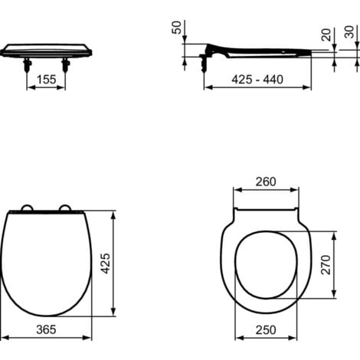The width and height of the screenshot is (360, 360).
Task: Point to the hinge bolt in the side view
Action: [x=205, y=61]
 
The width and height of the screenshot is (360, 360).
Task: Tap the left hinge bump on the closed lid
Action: [x=28, y=207]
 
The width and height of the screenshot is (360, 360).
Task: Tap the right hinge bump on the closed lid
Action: [x=64, y=207]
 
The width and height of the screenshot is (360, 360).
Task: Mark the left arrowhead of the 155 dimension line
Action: [x=29, y=87]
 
